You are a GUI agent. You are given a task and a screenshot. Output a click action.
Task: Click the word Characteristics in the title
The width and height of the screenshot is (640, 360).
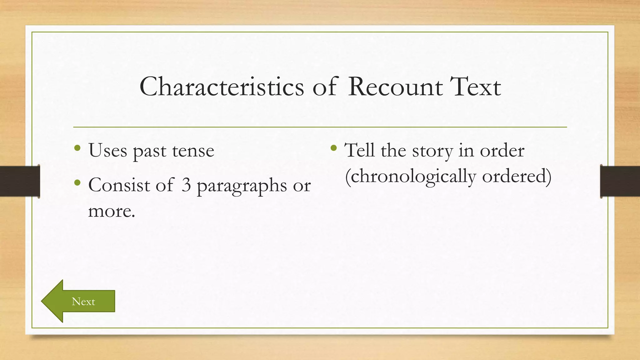222,87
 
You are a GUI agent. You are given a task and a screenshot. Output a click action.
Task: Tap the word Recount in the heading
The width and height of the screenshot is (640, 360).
395,87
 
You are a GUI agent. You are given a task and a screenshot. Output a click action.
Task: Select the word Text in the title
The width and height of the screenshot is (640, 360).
475,87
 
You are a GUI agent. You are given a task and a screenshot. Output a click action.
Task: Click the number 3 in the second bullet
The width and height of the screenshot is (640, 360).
186,185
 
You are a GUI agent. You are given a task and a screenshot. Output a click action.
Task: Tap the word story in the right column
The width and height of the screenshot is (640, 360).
432,151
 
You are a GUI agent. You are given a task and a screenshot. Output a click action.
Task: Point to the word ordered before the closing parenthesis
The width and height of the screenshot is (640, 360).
514,176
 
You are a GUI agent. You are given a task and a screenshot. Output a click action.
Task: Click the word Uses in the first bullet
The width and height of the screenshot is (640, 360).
108,151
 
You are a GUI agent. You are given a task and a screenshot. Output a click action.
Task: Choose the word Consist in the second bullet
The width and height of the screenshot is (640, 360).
119,185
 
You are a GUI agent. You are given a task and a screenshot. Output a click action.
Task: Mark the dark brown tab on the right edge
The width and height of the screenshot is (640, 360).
620,181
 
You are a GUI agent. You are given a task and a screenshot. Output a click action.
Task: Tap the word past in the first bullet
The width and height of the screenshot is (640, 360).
149,151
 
